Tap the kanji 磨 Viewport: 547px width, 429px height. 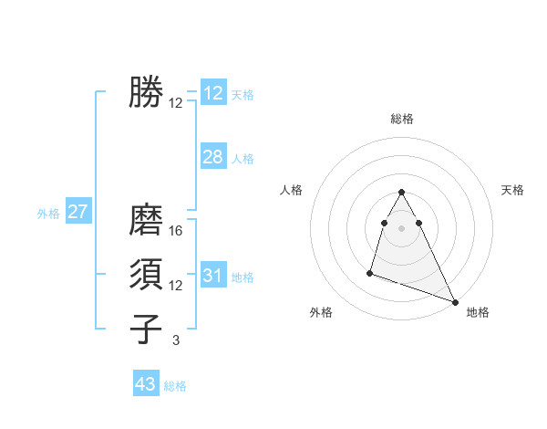click(146, 220)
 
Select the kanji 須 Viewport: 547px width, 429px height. click(146, 275)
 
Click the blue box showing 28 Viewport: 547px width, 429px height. click(213, 157)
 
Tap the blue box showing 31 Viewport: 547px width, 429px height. click(213, 276)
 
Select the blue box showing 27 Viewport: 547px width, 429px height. click(78, 213)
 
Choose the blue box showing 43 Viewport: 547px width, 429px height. click(146, 384)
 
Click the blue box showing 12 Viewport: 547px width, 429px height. click(213, 93)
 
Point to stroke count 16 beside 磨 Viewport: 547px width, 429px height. click(176, 231)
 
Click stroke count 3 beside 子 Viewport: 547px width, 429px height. click(176, 340)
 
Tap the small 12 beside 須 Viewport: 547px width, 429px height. click(176, 286)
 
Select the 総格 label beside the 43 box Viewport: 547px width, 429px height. click(175, 386)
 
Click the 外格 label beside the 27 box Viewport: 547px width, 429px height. click(48, 214)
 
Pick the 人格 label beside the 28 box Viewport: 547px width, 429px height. click(243, 159)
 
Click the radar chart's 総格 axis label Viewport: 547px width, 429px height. click(401, 119)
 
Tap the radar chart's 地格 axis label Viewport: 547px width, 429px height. click(478, 312)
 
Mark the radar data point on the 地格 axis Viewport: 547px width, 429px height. click(455, 302)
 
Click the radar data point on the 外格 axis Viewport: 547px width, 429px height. click(370, 272)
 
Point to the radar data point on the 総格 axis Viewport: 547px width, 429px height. click(401, 193)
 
